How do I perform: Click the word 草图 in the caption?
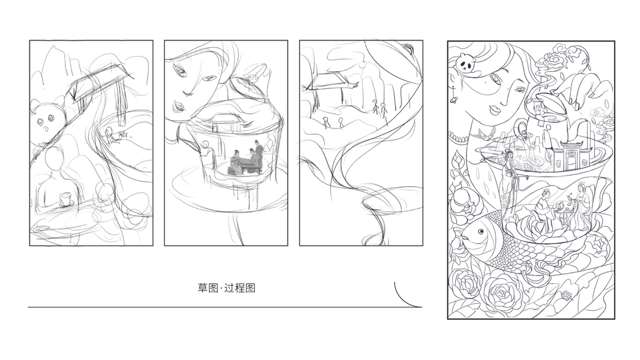pyautogui.click(x=208, y=288)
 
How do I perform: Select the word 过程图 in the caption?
pyautogui.click(x=240, y=288)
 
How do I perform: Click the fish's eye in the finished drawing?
pyautogui.click(x=481, y=232)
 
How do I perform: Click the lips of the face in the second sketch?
pyautogui.click(x=178, y=107)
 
